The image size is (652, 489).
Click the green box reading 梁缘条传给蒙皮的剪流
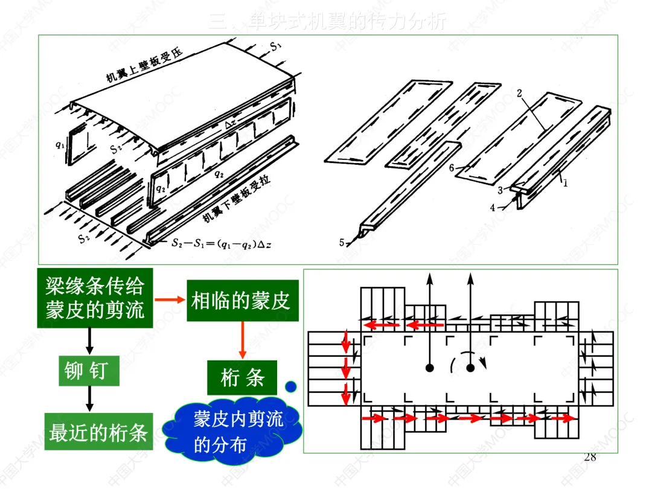[95, 299]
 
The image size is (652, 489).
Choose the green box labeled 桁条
[242, 378]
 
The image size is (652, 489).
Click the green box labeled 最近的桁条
[98, 432]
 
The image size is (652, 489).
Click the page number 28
[590, 457]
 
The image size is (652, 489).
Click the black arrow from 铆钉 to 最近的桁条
[90, 399]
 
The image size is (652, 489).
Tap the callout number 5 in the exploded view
[342, 242]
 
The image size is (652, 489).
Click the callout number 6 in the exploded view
[451, 168]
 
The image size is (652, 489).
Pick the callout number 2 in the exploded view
[519, 94]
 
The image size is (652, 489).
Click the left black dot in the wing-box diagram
[429, 367]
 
